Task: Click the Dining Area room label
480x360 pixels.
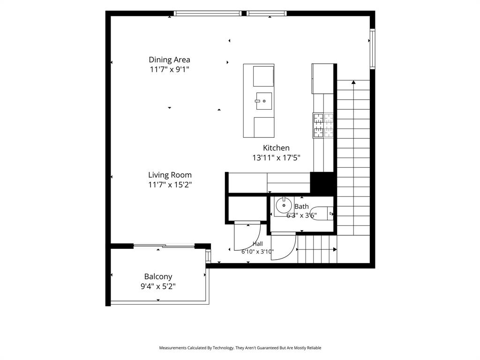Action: click(x=169, y=60)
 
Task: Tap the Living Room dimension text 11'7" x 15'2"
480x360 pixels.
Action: click(x=170, y=185)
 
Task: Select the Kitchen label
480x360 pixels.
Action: click(x=276, y=148)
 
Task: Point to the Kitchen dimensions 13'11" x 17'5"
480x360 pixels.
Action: click(x=276, y=157)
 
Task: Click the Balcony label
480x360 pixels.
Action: click(x=158, y=277)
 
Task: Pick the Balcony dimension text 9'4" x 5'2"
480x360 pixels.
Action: click(x=158, y=286)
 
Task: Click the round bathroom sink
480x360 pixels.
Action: click(x=284, y=205)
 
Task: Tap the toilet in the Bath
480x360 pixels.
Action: click(x=323, y=213)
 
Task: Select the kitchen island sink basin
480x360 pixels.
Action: click(x=263, y=101)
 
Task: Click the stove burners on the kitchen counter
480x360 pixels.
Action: click(x=323, y=125)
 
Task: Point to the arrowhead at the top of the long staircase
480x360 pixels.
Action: click(x=353, y=82)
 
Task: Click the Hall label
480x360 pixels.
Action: click(x=258, y=244)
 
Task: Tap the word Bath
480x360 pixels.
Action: click(x=301, y=207)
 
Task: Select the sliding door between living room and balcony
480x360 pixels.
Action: click(x=164, y=246)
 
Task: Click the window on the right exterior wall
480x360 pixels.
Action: click(x=372, y=49)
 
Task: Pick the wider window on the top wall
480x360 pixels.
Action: click(x=208, y=14)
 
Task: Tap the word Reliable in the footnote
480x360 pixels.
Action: click(x=314, y=348)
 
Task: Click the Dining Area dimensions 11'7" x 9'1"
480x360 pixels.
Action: click(x=169, y=69)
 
